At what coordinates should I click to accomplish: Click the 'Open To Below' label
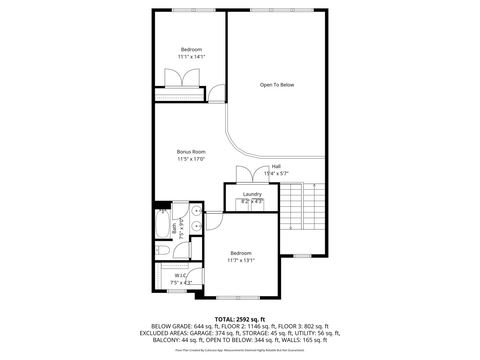point(277,85)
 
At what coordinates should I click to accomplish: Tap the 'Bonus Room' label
point(191,152)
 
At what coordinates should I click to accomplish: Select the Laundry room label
point(252,194)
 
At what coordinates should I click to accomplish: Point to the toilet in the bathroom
point(162,250)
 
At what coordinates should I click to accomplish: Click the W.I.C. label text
point(181,276)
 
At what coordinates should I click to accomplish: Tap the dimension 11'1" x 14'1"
point(191,57)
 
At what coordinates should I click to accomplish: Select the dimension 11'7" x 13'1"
point(241,260)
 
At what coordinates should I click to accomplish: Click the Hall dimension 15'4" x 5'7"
point(276,173)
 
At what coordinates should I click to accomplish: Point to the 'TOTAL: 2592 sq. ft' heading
point(240,319)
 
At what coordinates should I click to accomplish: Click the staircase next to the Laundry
point(302,206)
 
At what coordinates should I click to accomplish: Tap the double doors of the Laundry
point(252,175)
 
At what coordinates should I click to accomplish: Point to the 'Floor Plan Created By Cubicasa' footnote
point(240,350)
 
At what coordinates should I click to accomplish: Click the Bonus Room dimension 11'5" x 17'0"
point(191,159)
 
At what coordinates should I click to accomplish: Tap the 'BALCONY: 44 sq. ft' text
point(178,340)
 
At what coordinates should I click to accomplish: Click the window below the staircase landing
point(302,256)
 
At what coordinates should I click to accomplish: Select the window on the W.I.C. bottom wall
point(177,291)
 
